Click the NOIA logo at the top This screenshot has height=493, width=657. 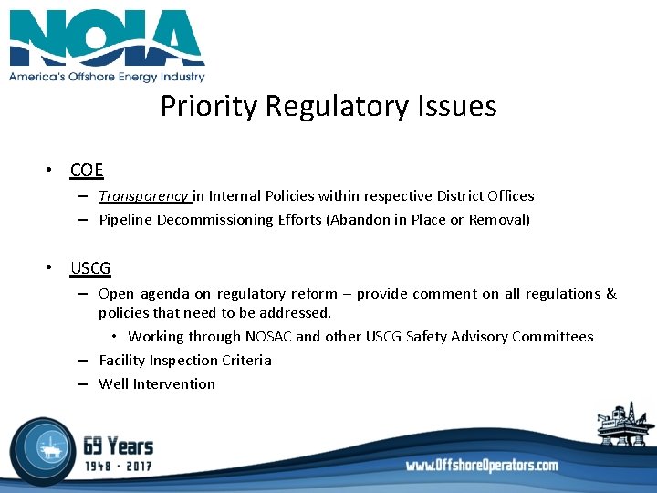107,38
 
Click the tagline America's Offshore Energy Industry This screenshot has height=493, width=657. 107,77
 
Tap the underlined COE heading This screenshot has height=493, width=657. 87,170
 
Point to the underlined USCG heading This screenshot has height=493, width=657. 90,268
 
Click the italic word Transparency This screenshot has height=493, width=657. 144,195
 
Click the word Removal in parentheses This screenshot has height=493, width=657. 497,219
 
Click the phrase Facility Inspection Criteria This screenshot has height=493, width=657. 185,361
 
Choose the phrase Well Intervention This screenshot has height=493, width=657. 157,384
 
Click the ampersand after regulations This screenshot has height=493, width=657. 610,294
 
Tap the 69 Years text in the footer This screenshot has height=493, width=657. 119,446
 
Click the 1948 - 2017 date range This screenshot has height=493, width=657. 119,466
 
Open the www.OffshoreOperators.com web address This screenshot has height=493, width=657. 482,466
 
